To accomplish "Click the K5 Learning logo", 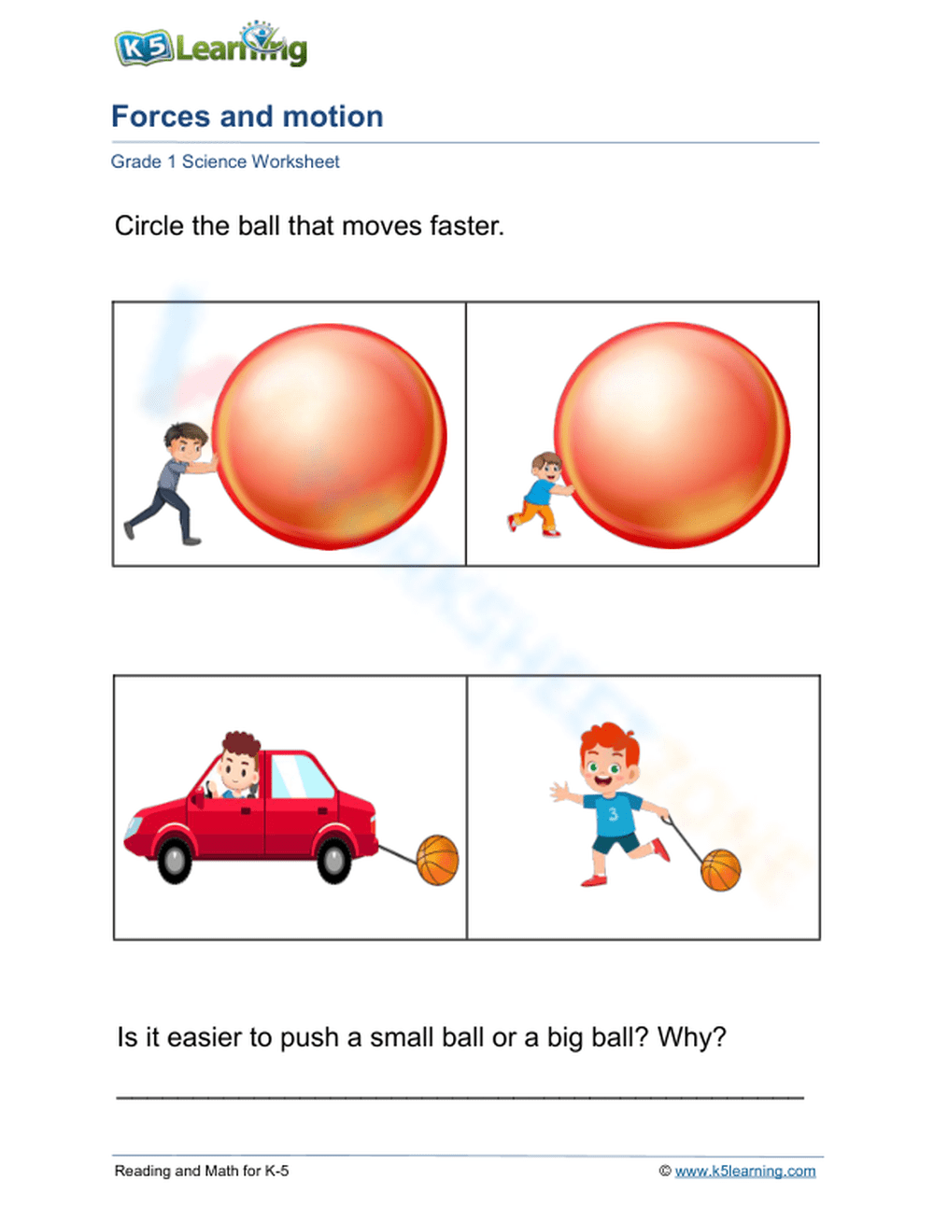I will [210, 45].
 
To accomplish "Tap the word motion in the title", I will [333, 117].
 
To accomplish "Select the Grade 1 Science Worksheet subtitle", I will [225, 162].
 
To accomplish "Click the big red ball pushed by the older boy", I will [329, 436].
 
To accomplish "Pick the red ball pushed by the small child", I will [672, 436].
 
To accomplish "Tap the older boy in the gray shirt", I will [172, 482].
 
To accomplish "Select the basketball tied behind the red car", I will [437, 860].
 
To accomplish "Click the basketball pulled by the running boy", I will [720, 870].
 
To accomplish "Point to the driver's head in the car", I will [240, 760].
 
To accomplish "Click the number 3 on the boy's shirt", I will [613, 814].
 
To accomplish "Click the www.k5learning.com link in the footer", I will [744, 1171].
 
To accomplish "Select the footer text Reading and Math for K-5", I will [202, 1171].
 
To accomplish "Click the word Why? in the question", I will [691, 1038].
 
